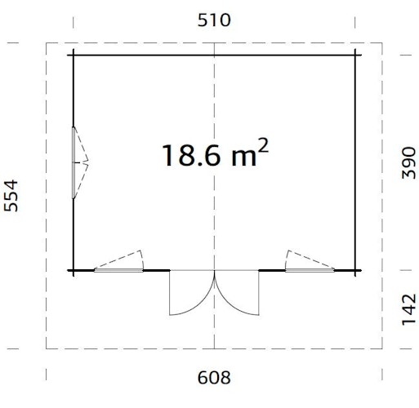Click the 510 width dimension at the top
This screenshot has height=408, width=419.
(x=214, y=19)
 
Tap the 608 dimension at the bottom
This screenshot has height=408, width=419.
(x=214, y=377)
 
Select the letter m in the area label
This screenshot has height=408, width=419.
(x=242, y=156)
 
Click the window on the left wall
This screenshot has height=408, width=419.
(x=78, y=162)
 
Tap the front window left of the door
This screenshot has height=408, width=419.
(x=119, y=262)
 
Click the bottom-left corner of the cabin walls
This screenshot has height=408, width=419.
(x=74, y=269)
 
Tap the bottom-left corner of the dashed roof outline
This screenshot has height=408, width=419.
(x=47, y=348)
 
